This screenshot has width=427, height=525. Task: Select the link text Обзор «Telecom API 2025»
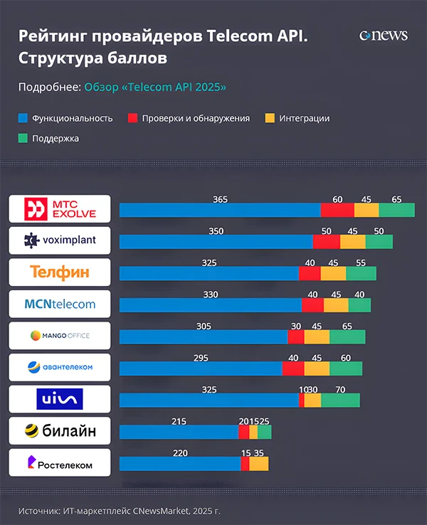154,87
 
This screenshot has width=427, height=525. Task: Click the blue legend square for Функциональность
22,118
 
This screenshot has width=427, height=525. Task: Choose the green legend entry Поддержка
55,138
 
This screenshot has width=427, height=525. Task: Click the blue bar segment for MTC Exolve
220,210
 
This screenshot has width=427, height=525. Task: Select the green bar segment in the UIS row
340,401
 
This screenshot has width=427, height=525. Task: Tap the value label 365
221,199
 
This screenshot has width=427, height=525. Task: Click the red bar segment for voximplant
326,242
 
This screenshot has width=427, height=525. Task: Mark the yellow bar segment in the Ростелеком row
259,464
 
